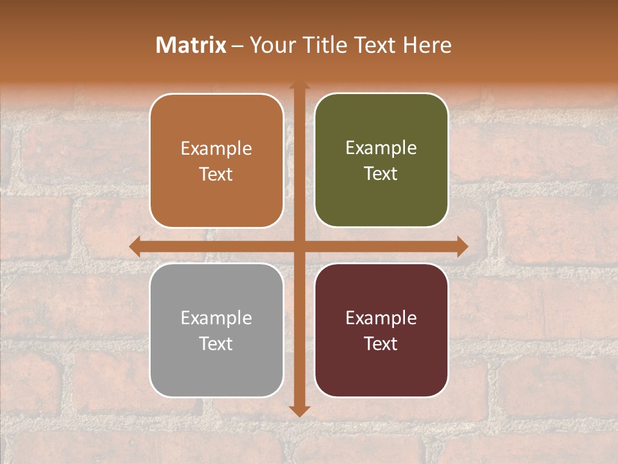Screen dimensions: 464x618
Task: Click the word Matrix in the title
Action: coord(191,45)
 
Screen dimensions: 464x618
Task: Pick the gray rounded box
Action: coord(216,367)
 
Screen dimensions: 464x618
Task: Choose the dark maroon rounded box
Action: coord(381,367)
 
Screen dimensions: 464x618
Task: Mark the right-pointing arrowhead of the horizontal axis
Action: coord(462,246)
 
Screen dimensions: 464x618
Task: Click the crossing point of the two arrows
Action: coord(299,246)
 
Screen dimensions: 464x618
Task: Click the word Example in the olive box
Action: coord(381,148)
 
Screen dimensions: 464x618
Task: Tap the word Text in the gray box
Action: coord(216,343)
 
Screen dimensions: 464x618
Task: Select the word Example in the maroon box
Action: coord(381,318)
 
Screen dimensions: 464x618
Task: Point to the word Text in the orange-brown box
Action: coord(216,174)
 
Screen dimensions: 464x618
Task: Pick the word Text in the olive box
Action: coord(381,173)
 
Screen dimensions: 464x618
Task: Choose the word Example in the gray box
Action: coord(216,318)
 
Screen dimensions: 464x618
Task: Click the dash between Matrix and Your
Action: coord(238,46)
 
